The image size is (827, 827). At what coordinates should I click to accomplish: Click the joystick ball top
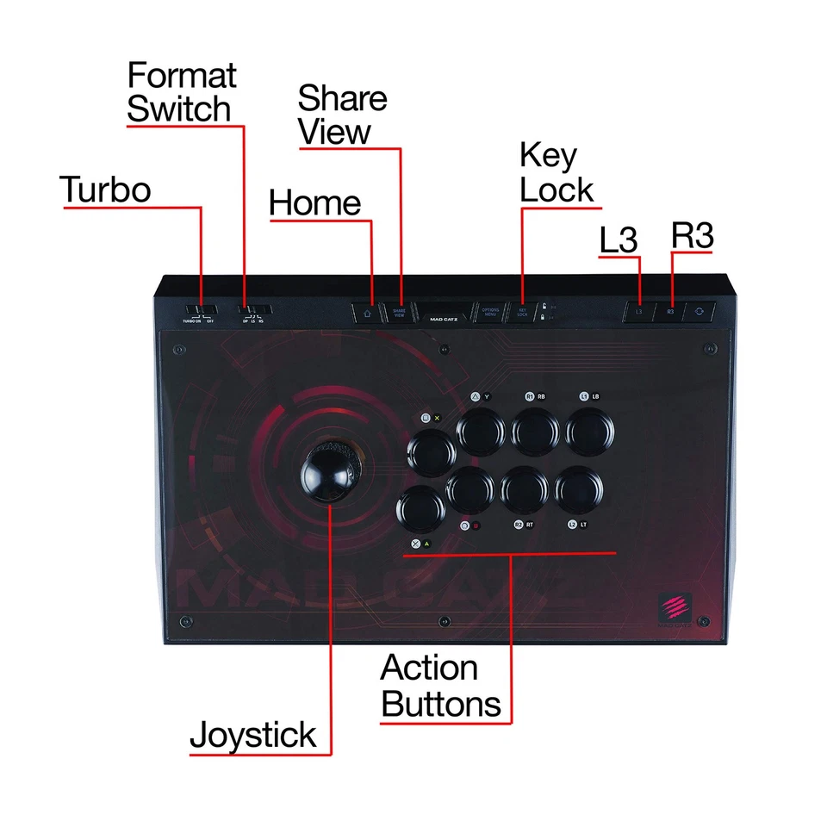pyautogui.click(x=331, y=473)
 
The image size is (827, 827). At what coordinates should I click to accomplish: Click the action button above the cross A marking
pyautogui.click(x=421, y=510)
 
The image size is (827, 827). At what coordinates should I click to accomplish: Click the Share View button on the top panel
pyautogui.click(x=399, y=313)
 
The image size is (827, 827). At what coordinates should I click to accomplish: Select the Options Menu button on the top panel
pyautogui.click(x=490, y=313)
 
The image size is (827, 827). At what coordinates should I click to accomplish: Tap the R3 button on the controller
pyautogui.click(x=670, y=312)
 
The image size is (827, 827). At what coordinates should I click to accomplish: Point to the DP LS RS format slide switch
pyautogui.click(x=254, y=310)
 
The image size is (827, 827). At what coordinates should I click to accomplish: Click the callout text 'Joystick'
pyautogui.click(x=252, y=737)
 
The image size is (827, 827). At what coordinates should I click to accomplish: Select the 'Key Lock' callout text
pyautogui.click(x=557, y=173)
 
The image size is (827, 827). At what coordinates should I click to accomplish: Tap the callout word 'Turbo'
pyautogui.click(x=105, y=190)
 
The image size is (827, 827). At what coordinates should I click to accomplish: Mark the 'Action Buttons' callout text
pyautogui.click(x=440, y=687)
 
